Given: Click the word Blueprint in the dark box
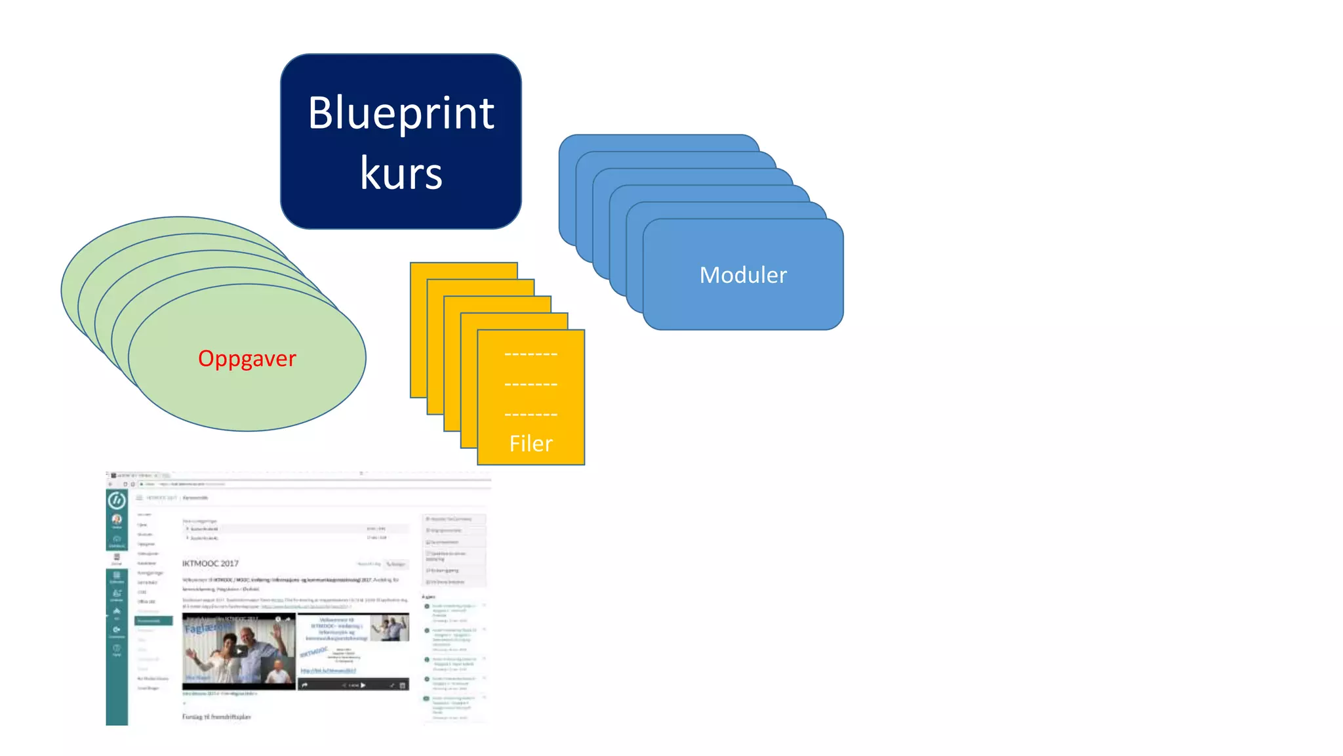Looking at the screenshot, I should point(401,114).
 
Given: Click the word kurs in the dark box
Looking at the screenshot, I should point(401,174).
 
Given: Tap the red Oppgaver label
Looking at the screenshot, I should point(247,359).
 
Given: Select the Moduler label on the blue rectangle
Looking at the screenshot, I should point(743,275).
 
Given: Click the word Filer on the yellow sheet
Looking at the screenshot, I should point(531,444).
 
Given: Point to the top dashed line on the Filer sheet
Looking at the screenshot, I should point(531,354).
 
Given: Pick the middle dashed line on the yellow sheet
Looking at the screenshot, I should point(531,385).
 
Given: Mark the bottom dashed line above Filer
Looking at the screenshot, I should point(531,415).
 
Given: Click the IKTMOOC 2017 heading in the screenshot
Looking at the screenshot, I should point(210,563).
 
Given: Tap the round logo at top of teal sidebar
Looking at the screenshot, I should point(117,501).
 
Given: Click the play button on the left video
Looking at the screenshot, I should point(241,651).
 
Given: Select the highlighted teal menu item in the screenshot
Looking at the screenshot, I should point(153,620).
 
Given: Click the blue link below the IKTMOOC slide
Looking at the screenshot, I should point(328,671).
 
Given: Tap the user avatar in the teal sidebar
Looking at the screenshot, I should point(117,520).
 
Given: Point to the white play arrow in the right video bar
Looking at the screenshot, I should point(363,685).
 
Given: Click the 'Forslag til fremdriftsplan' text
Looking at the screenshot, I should point(216,717).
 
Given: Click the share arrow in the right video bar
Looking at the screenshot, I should point(305,685).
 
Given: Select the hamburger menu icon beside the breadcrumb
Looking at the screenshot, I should point(139,497).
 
